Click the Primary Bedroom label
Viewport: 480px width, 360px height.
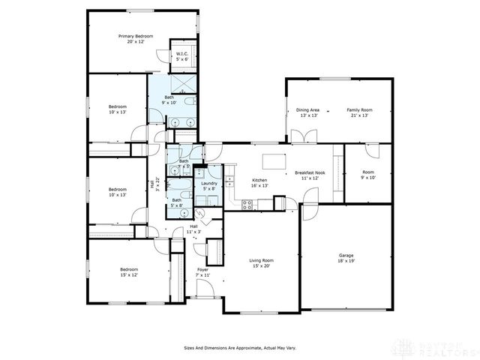(x=135, y=38)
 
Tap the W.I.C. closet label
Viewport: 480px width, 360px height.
(x=182, y=56)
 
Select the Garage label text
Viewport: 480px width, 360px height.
(x=346, y=257)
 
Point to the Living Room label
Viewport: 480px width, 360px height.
(x=261, y=262)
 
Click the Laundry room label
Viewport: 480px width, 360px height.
(x=209, y=186)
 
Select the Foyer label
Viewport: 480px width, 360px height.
(x=202, y=272)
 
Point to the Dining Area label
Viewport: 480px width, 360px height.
(x=309, y=112)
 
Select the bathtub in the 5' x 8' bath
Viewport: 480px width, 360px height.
(x=181, y=186)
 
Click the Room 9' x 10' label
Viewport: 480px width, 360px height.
(x=368, y=175)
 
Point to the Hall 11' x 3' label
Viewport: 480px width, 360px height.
(x=193, y=229)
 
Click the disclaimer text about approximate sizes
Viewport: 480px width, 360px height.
(x=239, y=348)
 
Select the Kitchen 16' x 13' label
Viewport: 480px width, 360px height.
(x=259, y=183)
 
